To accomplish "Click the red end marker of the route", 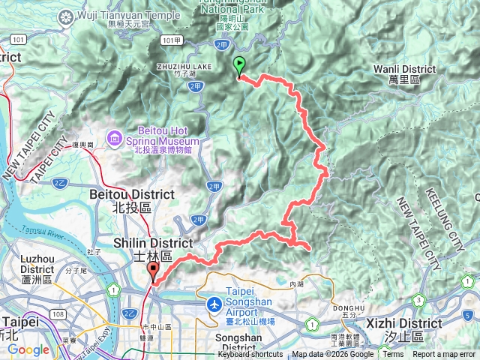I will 154,271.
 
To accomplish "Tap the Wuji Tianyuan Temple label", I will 129,15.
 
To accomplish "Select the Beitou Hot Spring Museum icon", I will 114,137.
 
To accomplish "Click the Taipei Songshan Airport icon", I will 215,305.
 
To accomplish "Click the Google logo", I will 28,349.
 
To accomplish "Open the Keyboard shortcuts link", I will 250,355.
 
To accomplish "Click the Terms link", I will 393,355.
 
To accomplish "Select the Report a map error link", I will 444,355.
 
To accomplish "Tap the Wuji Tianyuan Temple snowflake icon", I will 68,16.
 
